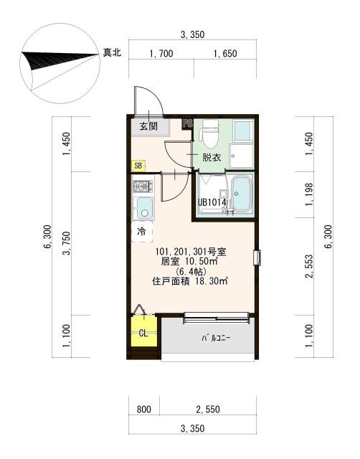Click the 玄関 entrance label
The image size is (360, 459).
148,126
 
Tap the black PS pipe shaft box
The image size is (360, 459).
188,123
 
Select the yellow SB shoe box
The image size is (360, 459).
138,166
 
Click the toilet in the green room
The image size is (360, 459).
209,134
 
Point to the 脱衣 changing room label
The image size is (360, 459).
212,158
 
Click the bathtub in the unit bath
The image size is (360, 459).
242,194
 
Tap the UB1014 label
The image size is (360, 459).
212,202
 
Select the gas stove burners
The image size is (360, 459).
143,186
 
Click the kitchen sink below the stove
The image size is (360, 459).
143,208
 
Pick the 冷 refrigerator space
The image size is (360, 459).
142,232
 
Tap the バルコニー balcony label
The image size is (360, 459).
216,338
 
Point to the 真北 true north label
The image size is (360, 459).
111,52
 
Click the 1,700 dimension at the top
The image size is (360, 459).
161,54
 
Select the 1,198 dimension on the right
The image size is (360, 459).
309,194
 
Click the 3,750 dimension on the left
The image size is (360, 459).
67,243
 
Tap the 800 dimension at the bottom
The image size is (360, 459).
144,409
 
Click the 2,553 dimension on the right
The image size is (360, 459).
309,266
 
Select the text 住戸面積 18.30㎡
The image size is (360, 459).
190,282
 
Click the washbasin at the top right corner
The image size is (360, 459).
243,131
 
